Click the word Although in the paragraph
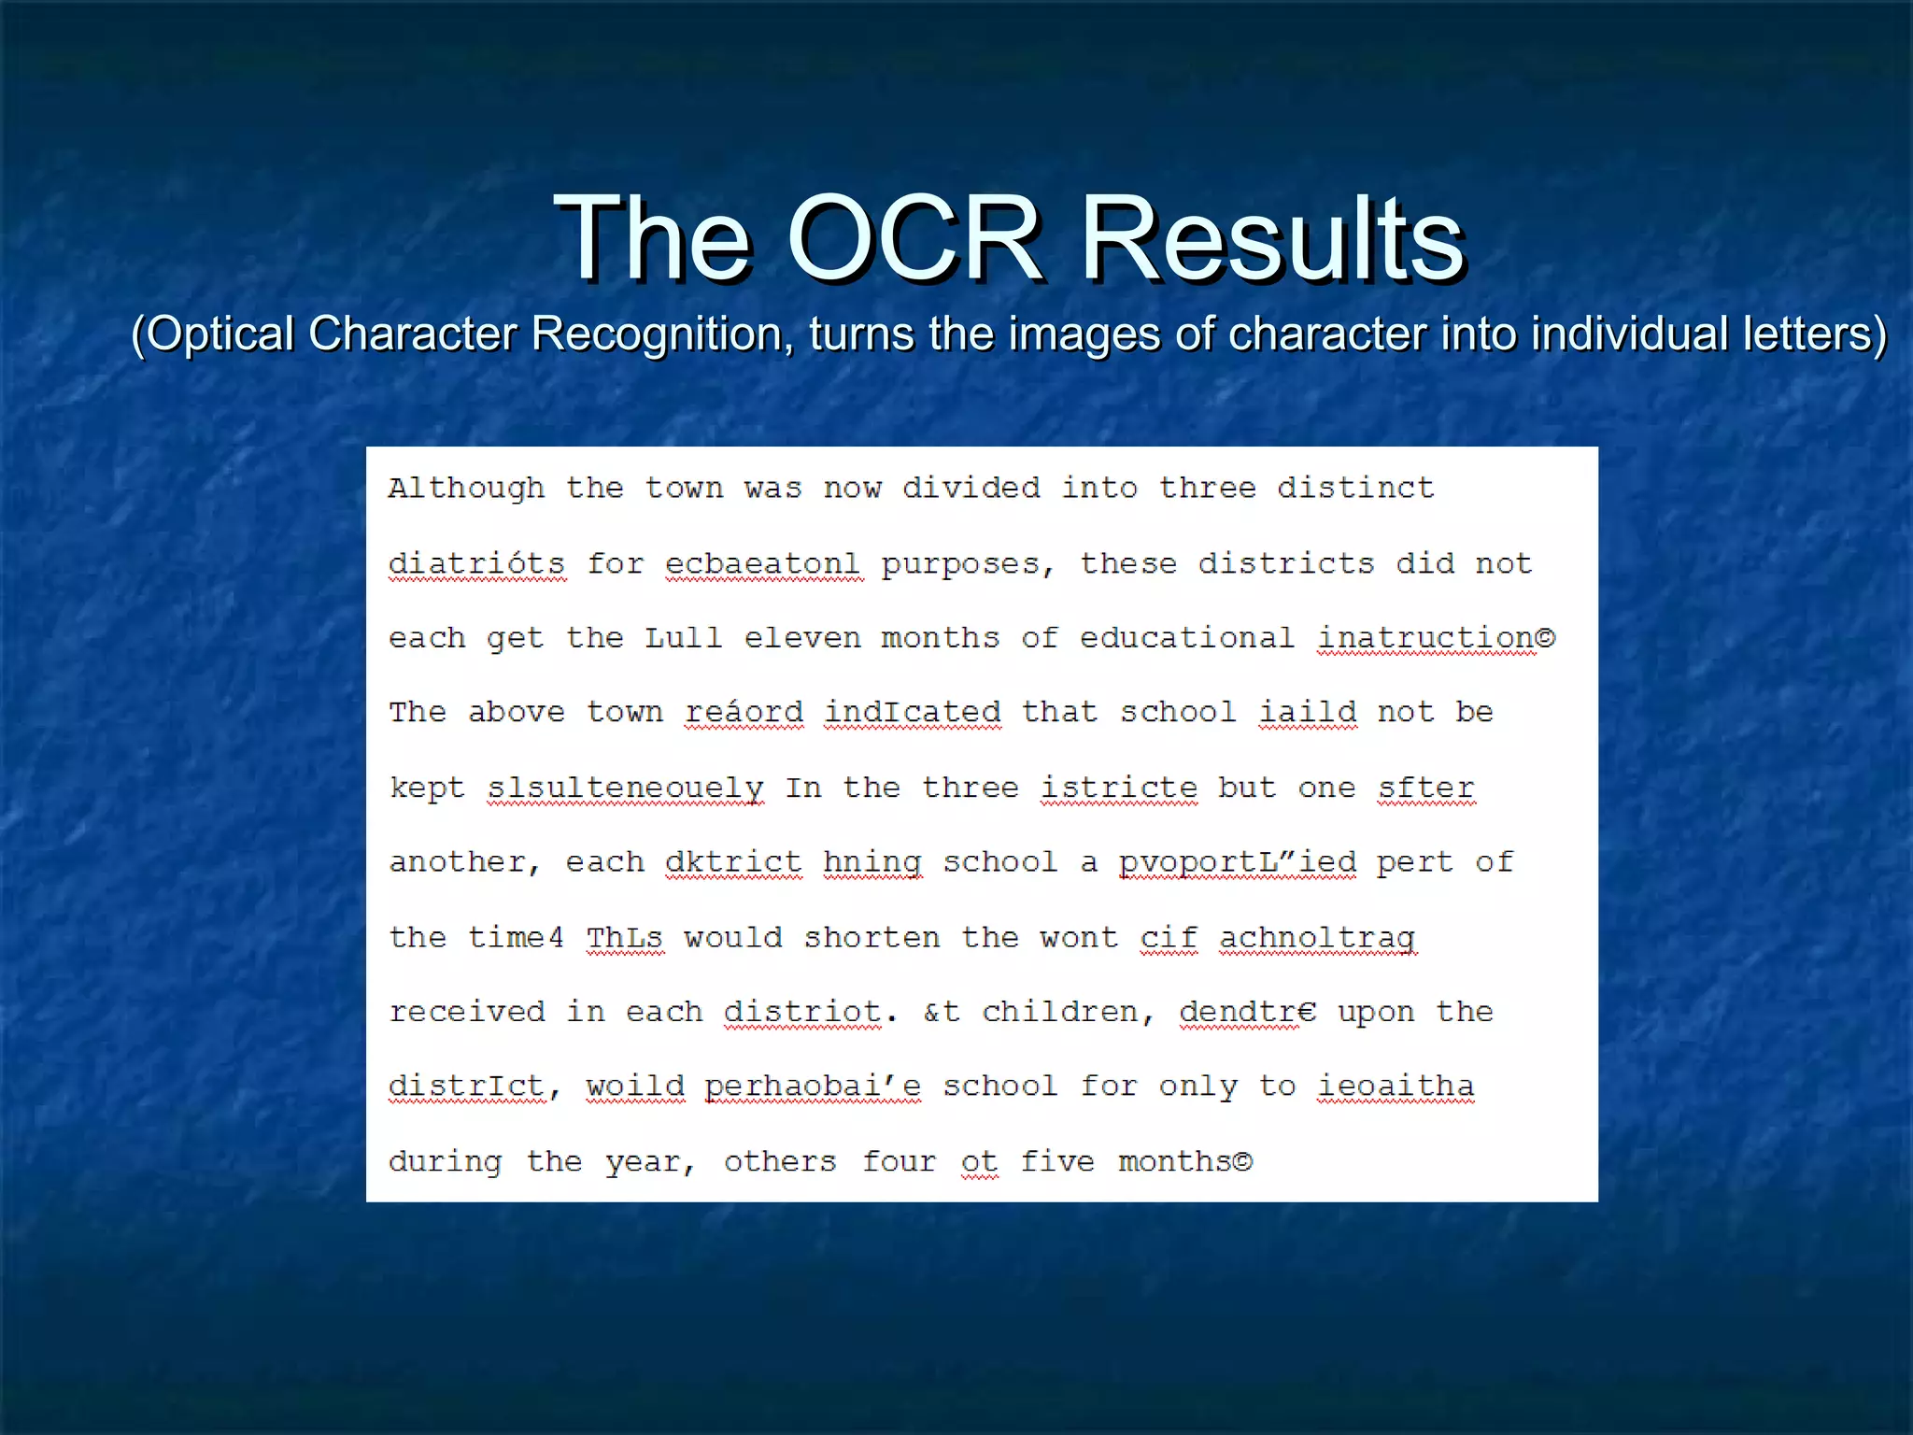pos(466,488)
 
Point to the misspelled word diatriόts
pos(476,563)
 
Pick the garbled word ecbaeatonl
pos(762,563)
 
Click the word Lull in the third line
pos(683,638)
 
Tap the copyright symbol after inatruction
pos(1545,638)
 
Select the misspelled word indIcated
pos(912,712)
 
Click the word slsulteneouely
pos(624,788)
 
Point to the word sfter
pos(1425,788)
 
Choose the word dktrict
pos(733,861)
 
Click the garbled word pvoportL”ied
pos(1237,861)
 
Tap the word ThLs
pos(624,937)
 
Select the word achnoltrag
pos(1317,937)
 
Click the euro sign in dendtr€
pos(1307,1012)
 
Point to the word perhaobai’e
pos(813,1086)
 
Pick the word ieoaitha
pos(1396,1086)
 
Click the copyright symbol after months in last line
pos(1242,1161)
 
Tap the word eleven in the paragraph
pos(801,638)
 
